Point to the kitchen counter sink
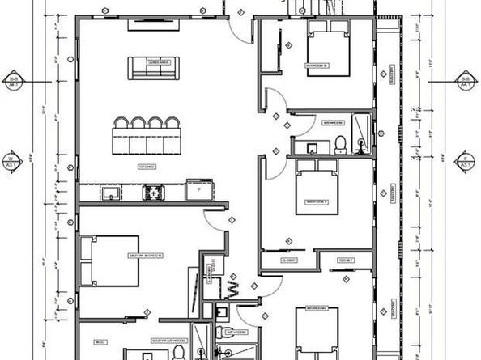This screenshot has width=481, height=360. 109,193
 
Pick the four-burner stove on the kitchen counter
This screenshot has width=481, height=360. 152,193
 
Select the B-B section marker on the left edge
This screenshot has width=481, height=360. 13,81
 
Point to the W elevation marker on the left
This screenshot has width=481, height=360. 12,159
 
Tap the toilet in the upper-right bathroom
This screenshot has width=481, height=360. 341,144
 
